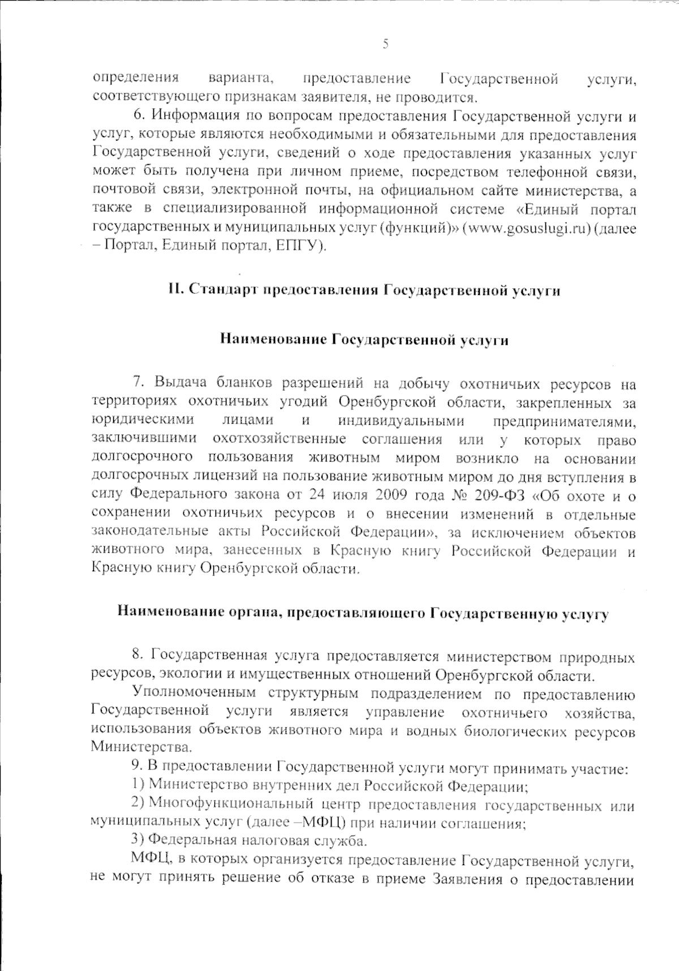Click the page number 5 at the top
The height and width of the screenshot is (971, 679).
385,44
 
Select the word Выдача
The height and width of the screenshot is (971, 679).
180,384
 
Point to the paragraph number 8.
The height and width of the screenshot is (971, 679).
137,656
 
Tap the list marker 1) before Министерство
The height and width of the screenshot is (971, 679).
136,786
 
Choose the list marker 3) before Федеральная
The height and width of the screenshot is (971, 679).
136,840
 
